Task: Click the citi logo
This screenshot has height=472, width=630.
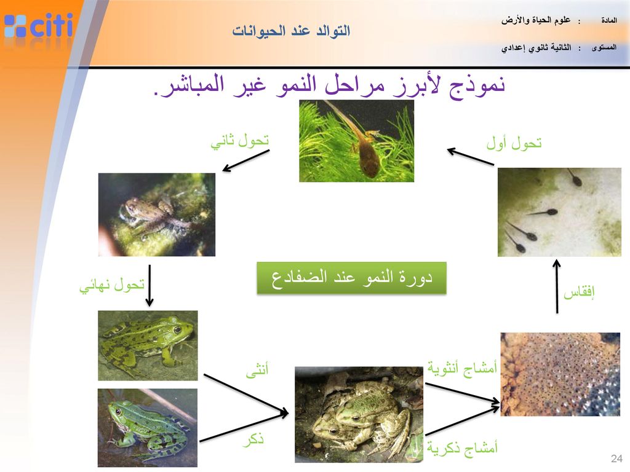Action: (39, 26)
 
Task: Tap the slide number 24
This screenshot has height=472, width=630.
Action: (616, 458)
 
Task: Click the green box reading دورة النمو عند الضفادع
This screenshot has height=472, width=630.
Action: (351, 278)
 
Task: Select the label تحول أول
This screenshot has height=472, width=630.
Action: (514, 143)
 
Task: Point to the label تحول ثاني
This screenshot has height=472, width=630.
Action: (240, 141)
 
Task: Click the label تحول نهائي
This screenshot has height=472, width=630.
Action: (112, 285)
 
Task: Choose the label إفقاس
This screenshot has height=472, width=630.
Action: (578, 292)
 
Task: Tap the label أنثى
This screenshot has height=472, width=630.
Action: (257, 369)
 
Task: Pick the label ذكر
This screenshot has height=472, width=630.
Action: (253, 440)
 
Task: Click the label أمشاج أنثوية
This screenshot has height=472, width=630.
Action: (462, 368)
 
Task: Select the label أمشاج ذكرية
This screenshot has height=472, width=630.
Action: (462, 447)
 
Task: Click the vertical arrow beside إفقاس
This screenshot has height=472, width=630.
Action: (557, 286)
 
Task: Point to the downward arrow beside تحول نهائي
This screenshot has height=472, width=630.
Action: (150, 285)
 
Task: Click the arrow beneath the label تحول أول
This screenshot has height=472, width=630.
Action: (471, 157)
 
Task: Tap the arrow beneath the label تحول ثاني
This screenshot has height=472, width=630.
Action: (246, 161)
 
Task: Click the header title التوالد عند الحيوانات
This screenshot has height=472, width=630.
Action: (291, 31)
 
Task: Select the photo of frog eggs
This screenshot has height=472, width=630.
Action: (560, 374)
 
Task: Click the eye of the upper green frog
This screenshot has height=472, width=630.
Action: (177, 330)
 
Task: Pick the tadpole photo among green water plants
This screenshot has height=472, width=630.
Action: (356, 141)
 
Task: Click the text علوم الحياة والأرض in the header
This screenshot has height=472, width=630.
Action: (536, 20)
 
